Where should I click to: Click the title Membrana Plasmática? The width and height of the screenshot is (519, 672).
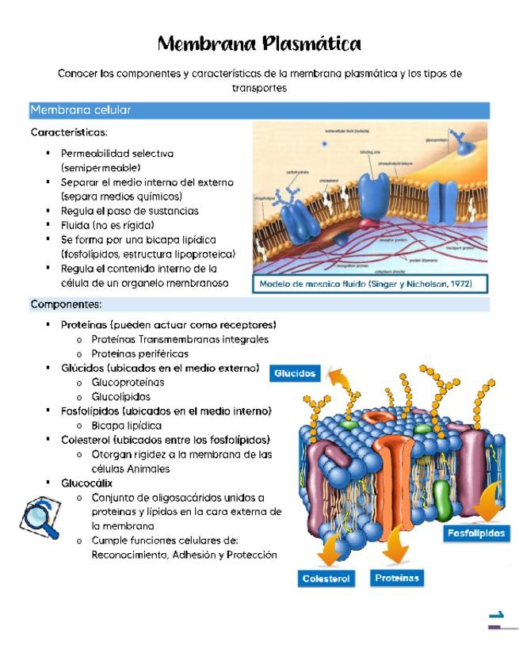259,43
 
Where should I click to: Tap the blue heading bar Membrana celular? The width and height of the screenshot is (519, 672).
80,110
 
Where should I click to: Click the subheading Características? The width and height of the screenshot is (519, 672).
69,132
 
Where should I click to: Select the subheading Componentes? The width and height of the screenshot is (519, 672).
66,304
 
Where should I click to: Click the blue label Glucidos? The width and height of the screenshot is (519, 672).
296,373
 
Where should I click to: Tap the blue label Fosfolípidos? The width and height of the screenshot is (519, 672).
475,533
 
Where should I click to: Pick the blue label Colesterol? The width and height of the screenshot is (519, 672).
326,579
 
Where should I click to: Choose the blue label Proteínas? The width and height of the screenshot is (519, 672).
397,578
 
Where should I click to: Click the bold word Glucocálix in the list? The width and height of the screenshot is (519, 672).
87,483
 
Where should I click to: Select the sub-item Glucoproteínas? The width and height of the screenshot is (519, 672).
128,382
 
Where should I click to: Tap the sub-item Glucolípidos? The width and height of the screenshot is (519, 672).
120,396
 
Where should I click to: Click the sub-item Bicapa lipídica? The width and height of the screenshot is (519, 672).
127,426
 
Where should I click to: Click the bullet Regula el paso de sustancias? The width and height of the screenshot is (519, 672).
129,211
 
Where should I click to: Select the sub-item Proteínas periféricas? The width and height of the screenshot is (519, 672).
139,353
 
